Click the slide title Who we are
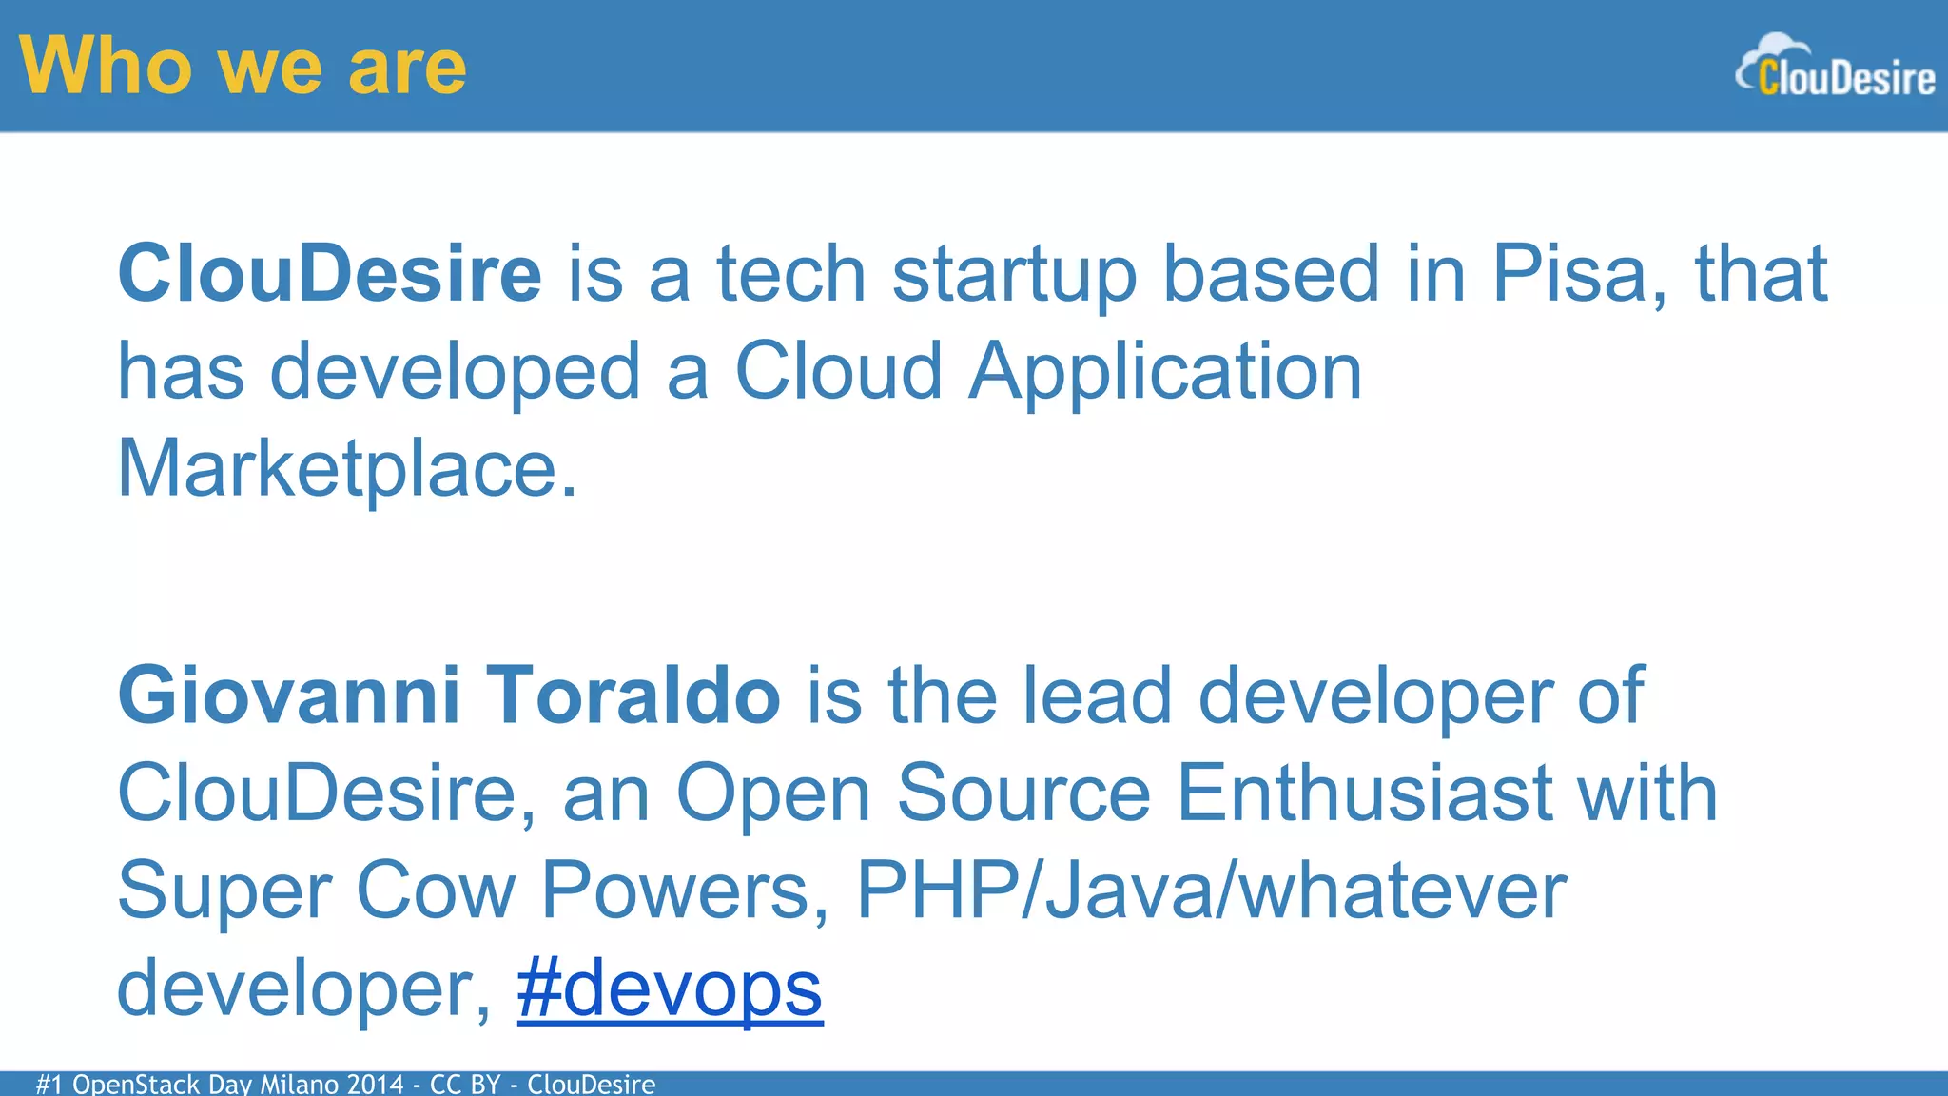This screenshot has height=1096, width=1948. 243,67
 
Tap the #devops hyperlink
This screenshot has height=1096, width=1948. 670,989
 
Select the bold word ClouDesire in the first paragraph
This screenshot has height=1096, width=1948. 329,274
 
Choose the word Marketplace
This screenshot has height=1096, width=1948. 346,469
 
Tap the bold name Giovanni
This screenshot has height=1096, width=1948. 289,695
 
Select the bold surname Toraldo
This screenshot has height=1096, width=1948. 633,695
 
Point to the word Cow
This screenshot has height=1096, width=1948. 436,890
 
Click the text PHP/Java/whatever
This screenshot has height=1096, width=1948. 1211,890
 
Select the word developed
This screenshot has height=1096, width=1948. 455,372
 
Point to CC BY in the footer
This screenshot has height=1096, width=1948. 465,1084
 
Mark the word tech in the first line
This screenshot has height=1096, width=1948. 791,274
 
